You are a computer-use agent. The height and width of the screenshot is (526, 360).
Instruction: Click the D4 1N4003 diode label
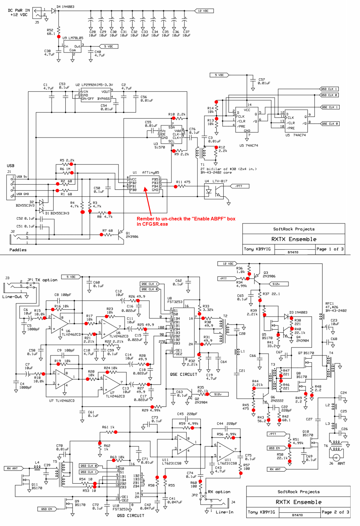(65, 6)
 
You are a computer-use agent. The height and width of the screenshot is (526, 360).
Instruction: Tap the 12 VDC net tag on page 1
(204, 11)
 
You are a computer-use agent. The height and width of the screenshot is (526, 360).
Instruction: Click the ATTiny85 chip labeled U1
(144, 184)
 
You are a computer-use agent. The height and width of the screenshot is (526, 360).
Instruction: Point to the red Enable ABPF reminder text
(186, 221)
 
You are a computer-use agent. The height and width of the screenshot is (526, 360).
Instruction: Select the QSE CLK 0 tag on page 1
(330, 124)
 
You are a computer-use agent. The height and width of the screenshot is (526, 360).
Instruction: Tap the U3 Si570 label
(160, 146)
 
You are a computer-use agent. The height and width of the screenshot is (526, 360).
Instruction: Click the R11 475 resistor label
(183, 182)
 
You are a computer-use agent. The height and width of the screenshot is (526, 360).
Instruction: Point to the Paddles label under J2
(18, 250)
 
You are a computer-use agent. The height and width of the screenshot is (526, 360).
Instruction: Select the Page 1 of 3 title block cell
(330, 249)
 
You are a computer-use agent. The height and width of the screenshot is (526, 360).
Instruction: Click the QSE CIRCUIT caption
(183, 375)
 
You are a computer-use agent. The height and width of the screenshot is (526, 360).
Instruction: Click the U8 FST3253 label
(175, 300)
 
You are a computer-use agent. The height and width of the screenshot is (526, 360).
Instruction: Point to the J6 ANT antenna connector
(336, 458)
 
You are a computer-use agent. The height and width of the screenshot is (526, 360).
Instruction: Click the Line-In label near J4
(224, 512)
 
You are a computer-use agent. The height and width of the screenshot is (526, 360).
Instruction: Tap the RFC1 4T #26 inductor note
(336, 307)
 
